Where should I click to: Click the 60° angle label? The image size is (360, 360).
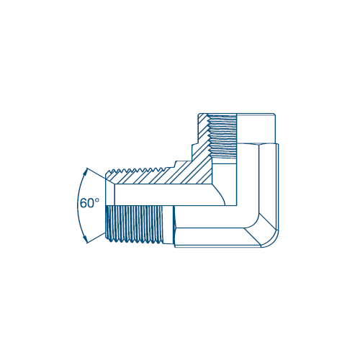[89, 203]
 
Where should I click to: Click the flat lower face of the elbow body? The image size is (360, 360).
[216, 246]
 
